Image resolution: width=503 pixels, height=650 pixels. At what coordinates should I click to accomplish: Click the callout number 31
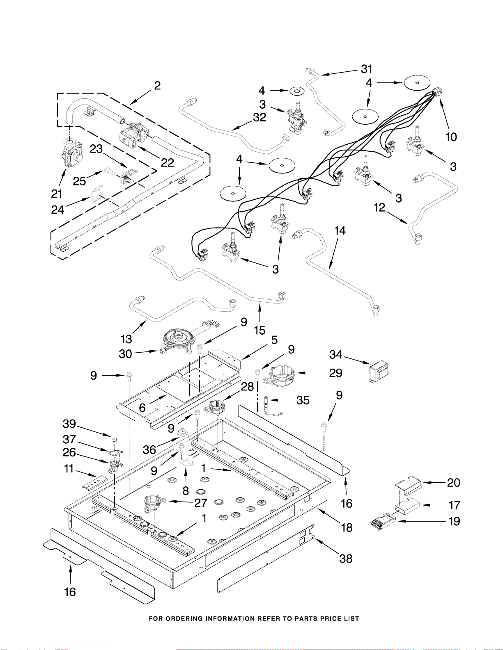366,69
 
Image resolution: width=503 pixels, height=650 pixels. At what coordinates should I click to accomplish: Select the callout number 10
451,137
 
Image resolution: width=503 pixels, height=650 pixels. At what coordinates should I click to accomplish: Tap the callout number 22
167,163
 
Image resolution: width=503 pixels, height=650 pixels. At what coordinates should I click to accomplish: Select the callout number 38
346,559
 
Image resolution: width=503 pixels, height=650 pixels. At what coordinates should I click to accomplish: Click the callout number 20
453,483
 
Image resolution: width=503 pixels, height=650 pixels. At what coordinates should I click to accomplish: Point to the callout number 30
125,354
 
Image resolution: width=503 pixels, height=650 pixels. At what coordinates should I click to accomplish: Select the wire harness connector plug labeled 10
438,92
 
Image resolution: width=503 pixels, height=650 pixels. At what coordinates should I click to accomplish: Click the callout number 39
69,424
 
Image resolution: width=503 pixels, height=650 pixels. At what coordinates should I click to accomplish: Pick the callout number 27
201,503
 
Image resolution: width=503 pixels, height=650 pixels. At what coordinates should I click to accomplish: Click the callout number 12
379,208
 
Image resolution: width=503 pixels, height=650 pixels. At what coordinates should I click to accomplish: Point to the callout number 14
340,231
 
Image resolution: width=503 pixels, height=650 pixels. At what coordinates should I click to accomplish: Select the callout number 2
157,85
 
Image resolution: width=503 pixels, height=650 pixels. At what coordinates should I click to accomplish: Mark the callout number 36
149,449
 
